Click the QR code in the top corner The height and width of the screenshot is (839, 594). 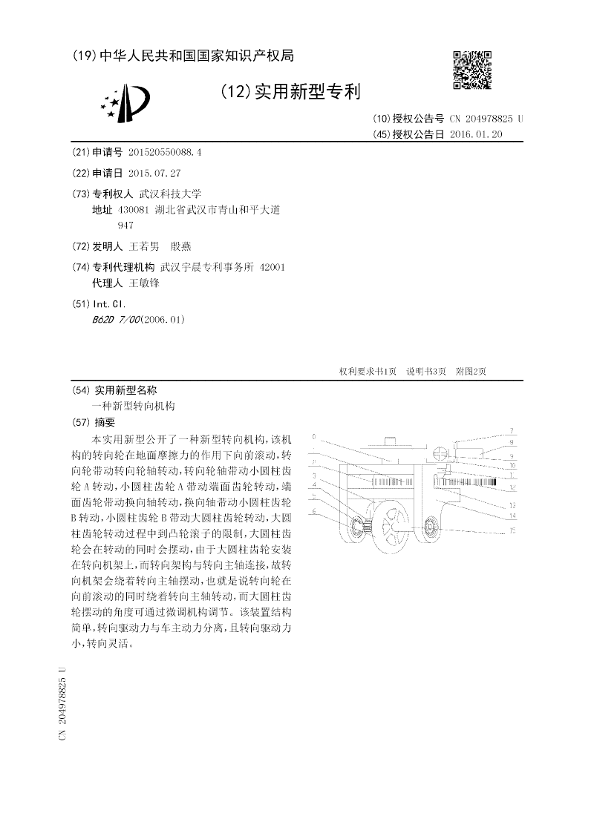[472, 69]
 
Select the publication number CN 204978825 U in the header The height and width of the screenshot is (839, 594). [486, 119]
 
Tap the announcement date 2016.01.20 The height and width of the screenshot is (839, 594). [476, 134]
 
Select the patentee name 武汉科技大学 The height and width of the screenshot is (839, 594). [160, 193]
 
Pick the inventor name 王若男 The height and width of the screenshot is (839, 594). [145, 246]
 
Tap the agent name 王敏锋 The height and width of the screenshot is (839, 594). [145, 283]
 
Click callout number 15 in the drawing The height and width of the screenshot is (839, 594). [512, 530]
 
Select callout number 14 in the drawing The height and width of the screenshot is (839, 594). [512, 515]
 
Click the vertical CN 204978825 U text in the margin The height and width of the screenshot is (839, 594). [62, 703]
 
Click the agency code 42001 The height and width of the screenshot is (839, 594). [272, 267]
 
